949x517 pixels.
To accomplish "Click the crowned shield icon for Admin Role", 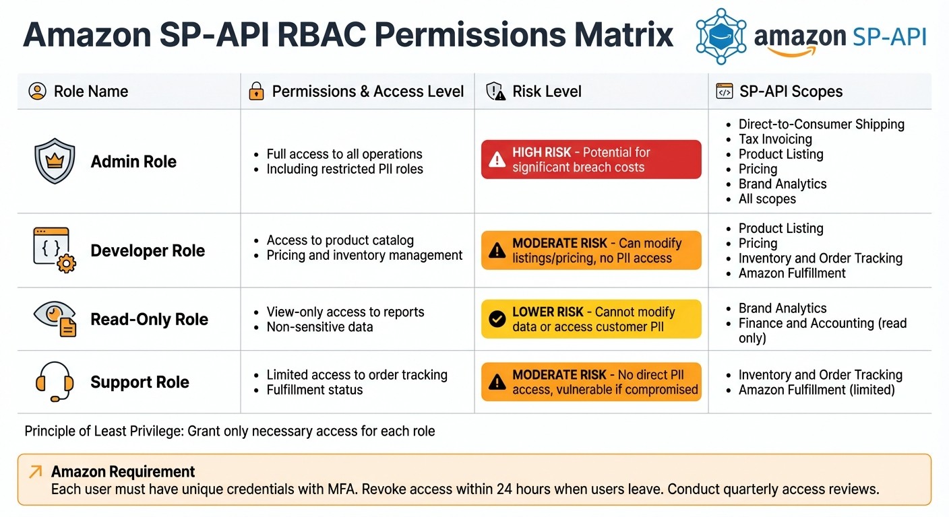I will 54,161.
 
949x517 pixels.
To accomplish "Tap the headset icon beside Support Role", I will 53,382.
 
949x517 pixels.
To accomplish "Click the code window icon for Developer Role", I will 54,250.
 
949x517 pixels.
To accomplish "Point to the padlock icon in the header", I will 256,92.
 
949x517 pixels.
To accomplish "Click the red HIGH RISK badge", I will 590,160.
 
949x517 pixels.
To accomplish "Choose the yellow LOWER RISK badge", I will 590,319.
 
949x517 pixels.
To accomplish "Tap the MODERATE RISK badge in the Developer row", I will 590,250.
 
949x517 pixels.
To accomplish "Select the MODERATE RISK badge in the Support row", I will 590,382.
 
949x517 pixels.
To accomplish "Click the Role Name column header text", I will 91,92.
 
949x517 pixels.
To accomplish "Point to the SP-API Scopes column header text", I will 791,92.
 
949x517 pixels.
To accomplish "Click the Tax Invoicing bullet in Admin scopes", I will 775,139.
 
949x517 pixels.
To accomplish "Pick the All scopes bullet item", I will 767,199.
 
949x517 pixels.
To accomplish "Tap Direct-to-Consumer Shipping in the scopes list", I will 821,125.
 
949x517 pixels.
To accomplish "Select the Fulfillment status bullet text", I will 315,390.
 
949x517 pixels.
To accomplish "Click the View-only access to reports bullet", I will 345,312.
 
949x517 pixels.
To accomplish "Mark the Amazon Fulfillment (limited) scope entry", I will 816,390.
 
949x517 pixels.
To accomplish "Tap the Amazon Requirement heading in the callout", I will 123,471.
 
